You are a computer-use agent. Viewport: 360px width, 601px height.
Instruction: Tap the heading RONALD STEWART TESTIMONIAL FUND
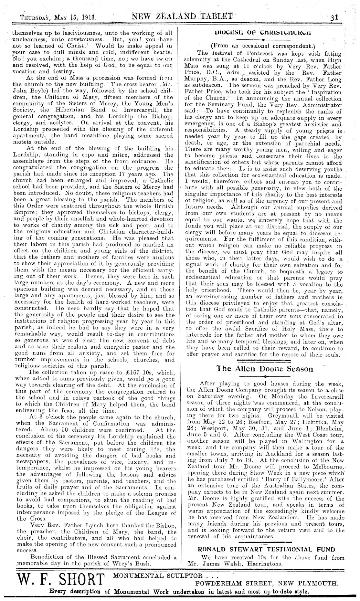coord(266,549)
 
